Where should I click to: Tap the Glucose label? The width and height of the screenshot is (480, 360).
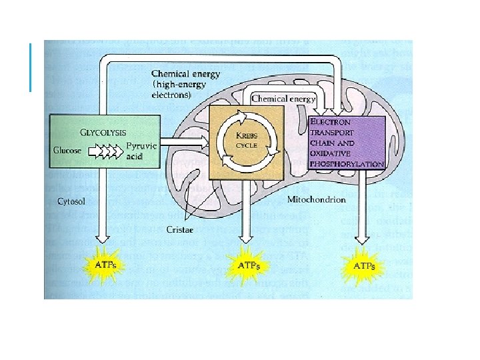point(67,150)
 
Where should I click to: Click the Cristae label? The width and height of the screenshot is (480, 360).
point(179,229)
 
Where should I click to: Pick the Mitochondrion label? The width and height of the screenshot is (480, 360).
point(316,200)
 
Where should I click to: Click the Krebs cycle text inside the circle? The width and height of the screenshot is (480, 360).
point(245,141)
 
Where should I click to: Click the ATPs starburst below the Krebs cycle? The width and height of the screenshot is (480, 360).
point(245,265)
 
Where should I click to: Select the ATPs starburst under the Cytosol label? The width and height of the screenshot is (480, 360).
point(102,265)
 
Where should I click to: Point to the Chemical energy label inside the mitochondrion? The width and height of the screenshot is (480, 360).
point(283,99)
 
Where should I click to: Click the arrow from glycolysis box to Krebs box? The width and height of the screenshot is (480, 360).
point(187,140)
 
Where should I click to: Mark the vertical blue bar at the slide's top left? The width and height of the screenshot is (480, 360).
point(31,67)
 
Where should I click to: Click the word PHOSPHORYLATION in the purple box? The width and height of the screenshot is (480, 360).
point(347,163)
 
